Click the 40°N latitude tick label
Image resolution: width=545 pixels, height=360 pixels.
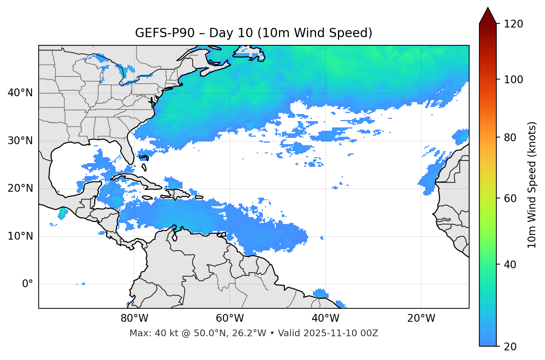click(x=20, y=93)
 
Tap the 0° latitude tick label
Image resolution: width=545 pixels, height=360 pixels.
click(x=28, y=284)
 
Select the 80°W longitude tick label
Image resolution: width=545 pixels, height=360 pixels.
click(x=134, y=318)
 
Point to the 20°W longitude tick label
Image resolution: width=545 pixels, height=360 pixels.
click(x=421, y=318)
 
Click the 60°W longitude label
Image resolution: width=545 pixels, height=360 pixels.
click(x=230, y=318)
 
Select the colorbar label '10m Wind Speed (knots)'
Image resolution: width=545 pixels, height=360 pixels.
click(x=532, y=185)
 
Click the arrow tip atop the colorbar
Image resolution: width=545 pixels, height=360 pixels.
click(x=488, y=8)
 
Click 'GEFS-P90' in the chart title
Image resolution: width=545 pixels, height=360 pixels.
click(x=164, y=33)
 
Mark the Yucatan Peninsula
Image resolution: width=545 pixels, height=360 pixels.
click(x=88, y=189)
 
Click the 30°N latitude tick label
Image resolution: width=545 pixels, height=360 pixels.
click(x=20, y=141)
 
